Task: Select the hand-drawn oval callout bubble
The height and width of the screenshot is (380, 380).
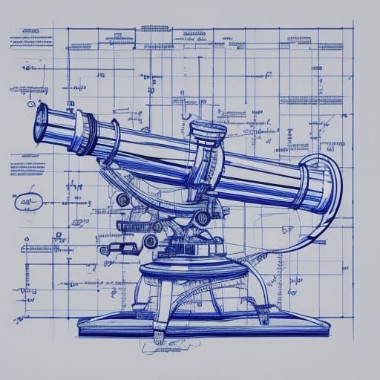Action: (x=28, y=201)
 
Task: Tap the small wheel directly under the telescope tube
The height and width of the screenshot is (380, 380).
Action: (x=123, y=199)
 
